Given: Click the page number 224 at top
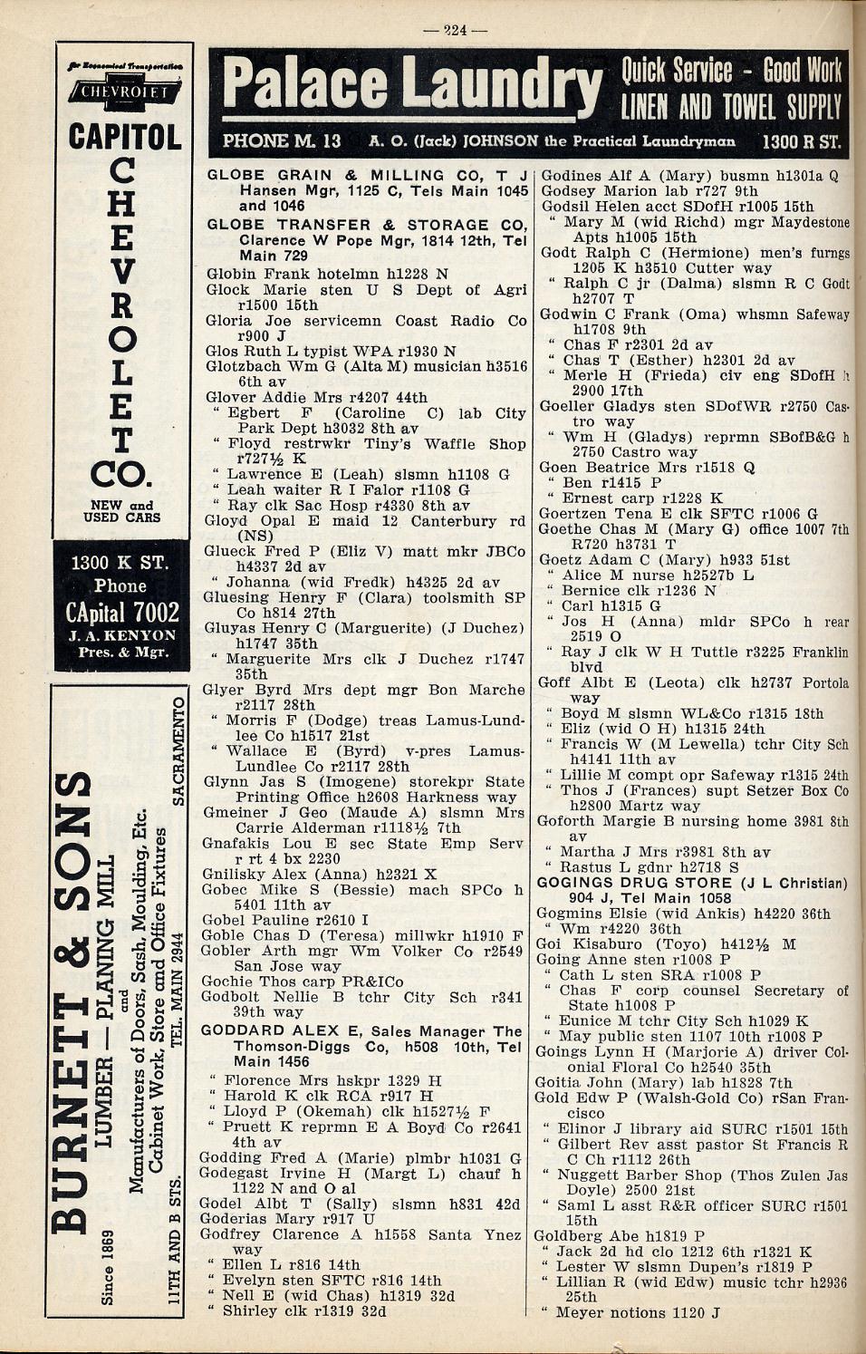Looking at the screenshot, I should pos(456,30).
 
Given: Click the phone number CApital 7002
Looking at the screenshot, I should pos(123,612).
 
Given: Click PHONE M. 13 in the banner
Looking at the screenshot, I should pos(282,141).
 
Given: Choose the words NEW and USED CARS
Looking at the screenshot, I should pos(122,511).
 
